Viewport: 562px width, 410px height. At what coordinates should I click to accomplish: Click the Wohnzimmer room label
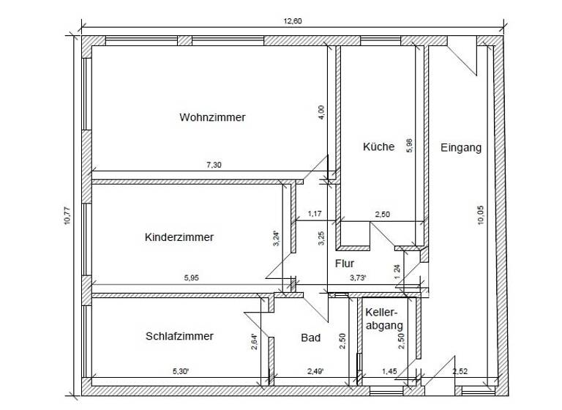pos(212,117)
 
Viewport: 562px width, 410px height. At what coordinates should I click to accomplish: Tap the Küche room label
pos(378,146)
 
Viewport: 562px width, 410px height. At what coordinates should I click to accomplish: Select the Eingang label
pos(461,147)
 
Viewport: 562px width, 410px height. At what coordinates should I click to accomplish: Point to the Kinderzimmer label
pos(179,237)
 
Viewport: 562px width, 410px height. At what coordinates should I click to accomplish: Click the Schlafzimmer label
pos(179,336)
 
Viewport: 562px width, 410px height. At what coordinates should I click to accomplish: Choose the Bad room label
pos(311,338)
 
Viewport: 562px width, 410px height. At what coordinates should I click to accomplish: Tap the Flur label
pos(345,263)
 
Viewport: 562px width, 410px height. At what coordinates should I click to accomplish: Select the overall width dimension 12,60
pos(293,21)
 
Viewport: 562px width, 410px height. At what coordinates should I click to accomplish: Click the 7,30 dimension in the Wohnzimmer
pos(213,165)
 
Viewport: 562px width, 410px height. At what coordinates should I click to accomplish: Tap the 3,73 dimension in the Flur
pos(358,277)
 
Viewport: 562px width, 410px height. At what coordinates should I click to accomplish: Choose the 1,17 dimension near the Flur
pos(315,214)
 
